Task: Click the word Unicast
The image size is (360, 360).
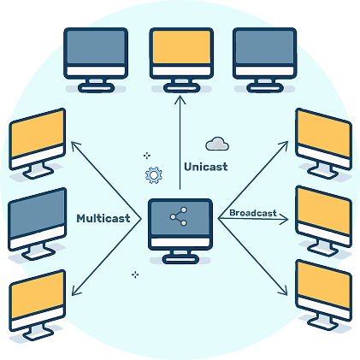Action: pyautogui.click(x=206, y=167)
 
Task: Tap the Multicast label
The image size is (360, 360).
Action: pyautogui.click(x=103, y=218)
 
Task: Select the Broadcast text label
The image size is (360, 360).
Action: pyautogui.click(x=253, y=213)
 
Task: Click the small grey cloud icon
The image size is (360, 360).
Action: pyautogui.click(x=217, y=144)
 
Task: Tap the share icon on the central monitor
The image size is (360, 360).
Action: pyautogui.click(x=179, y=216)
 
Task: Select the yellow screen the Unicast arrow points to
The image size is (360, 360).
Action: pyautogui.click(x=181, y=47)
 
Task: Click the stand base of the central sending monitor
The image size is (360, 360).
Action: pyautogui.click(x=180, y=259)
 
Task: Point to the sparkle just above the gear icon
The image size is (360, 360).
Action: pyautogui.click(x=147, y=156)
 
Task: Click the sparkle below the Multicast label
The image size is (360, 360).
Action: pyautogui.click(x=135, y=274)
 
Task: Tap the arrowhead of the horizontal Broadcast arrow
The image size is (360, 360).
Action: pyautogui.click(x=286, y=219)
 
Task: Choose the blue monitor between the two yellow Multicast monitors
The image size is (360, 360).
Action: pyautogui.click(x=37, y=224)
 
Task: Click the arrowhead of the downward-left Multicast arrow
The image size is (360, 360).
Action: pyautogui.click(x=74, y=292)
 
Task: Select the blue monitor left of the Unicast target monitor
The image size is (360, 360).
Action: pyautogui.click(x=96, y=60)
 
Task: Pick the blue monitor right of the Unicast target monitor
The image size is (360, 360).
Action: pyautogui.click(x=265, y=60)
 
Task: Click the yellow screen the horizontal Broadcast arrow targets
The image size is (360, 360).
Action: pyautogui.click(x=324, y=210)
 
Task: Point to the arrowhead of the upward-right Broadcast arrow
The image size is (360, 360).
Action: pyautogui.click(x=286, y=144)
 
